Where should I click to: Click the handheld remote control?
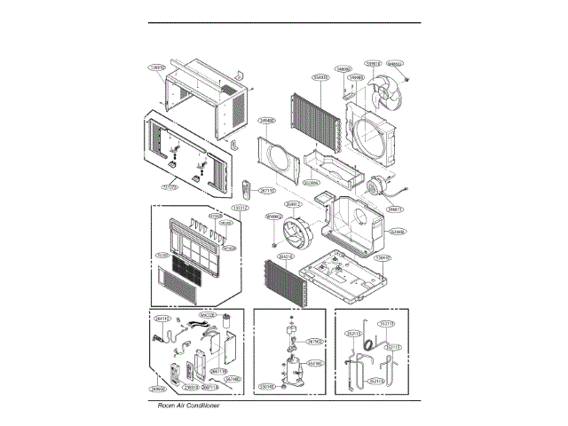click(248, 187)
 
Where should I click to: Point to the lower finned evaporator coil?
click(287, 280)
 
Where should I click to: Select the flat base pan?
click(343, 271)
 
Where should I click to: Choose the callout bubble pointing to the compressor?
click(314, 363)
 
